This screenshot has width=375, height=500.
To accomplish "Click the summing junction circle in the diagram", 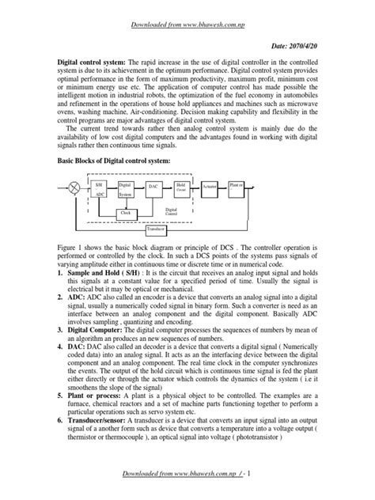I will [x=74, y=188].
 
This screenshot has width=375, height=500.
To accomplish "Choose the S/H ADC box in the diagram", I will [x=100, y=189].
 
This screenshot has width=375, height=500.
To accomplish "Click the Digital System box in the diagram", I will [x=127, y=189].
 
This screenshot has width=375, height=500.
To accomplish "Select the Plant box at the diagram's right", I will [x=237, y=187].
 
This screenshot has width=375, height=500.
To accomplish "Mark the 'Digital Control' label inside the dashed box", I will [x=171, y=212].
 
